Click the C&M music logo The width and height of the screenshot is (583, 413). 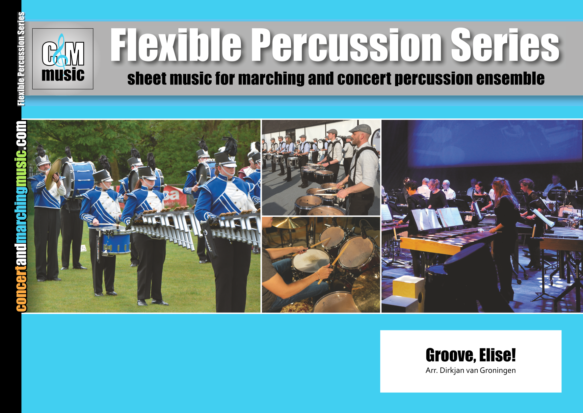point(63,59)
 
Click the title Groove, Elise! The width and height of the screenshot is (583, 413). point(470,355)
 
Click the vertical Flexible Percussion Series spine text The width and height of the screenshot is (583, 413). point(21,59)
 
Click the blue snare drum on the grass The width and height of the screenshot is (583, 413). point(115,242)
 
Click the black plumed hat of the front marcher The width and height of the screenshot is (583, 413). point(226,153)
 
